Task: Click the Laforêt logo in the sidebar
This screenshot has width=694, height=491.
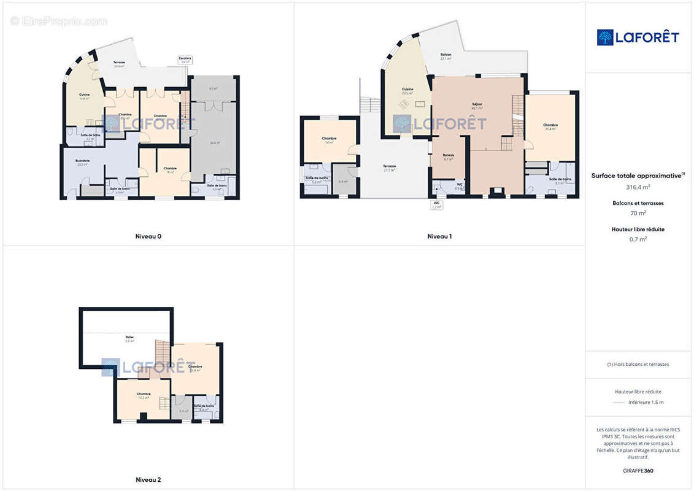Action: [x=638, y=37]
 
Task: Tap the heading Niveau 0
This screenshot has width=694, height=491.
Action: [x=148, y=236]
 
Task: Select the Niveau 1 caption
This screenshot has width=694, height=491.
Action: [x=439, y=236]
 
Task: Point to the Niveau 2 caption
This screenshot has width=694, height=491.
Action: [x=148, y=480]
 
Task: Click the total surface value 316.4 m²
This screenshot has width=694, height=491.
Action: [x=638, y=187]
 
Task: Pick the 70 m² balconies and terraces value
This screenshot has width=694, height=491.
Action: [x=638, y=213]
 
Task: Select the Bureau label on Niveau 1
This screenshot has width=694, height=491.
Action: [x=449, y=156]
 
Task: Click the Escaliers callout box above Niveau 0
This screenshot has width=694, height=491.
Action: [x=185, y=60]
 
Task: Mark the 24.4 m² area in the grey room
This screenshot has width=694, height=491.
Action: [x=214, y=143]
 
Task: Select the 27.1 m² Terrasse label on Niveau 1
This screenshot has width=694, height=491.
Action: [x=390, y=168]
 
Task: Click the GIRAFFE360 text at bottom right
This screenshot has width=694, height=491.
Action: [x=638, y=471]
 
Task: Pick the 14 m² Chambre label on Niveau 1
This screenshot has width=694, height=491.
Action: [x=329, y=140]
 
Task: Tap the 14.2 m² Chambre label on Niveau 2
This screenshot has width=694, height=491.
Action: [x=144, y=395]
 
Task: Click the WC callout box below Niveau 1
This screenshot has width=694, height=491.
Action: [x=436, y=204]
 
